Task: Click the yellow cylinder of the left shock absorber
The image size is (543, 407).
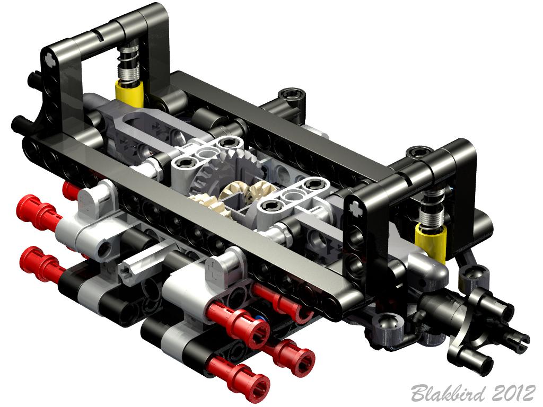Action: click(129, 93)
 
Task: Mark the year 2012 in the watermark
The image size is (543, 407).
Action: click(513, 393)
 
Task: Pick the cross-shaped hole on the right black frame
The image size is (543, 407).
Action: click(357, 207)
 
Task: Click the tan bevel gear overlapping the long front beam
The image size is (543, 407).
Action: click(207, 204)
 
